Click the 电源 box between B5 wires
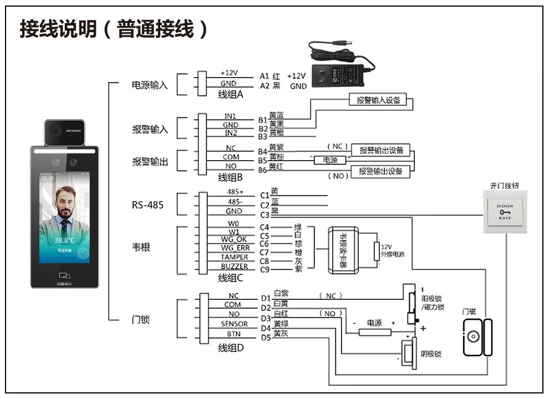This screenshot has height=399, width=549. tap(330, 160)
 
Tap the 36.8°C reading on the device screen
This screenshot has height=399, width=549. tap(64, 241)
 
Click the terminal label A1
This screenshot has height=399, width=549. tap(265, 76)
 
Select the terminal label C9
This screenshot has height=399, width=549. tap(265, 270)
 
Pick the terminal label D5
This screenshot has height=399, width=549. tap(266, 337)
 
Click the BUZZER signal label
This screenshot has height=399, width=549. tap(234, 267)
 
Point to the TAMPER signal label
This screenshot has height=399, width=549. tap(234, 257)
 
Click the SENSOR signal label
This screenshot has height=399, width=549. tap(234, 324)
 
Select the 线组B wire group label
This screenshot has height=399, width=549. tap(230, 178)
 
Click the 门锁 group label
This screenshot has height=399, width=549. tap(141, 320)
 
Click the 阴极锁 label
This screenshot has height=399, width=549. tap(430, 353)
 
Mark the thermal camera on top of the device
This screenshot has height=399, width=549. tap(64, 131)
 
